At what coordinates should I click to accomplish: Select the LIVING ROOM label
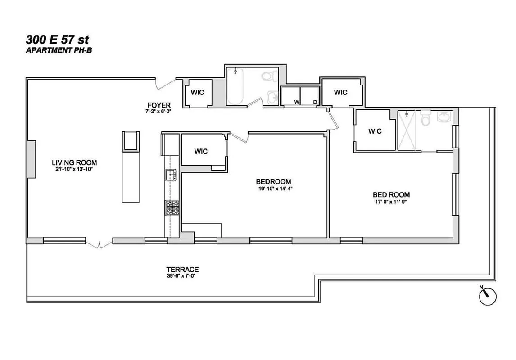click(74, 162)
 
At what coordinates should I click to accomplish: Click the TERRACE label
click(182, 270)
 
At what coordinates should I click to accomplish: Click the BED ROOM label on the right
click(391, 195)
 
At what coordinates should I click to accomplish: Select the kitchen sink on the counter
click(171, 175)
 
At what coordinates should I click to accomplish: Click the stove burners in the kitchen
click(171, 208)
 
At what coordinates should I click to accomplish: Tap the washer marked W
click(291, 95)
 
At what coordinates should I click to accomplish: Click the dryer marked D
click(309, 95)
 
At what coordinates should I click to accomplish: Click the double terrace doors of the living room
click(99, 244)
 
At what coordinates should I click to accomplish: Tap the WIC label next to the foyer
click(197, 93)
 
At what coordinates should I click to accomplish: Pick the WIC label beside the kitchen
click(201, 152)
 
